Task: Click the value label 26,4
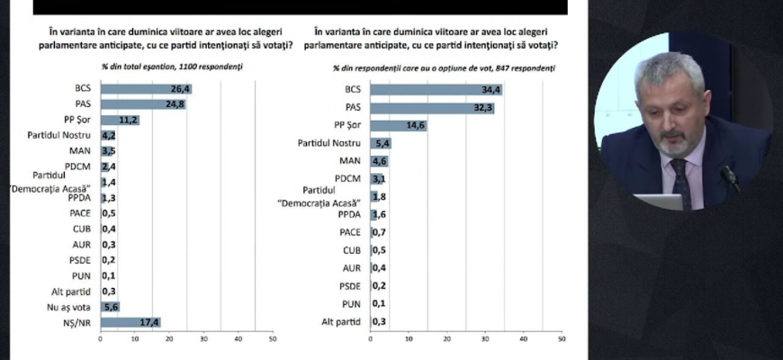click(182, 88)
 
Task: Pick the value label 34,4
click(490, 89)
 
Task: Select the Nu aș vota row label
click(73, 306)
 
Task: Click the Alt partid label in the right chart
click(340, 321)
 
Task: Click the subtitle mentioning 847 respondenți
click(444, 67)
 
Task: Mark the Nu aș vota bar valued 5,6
click(110, 306)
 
